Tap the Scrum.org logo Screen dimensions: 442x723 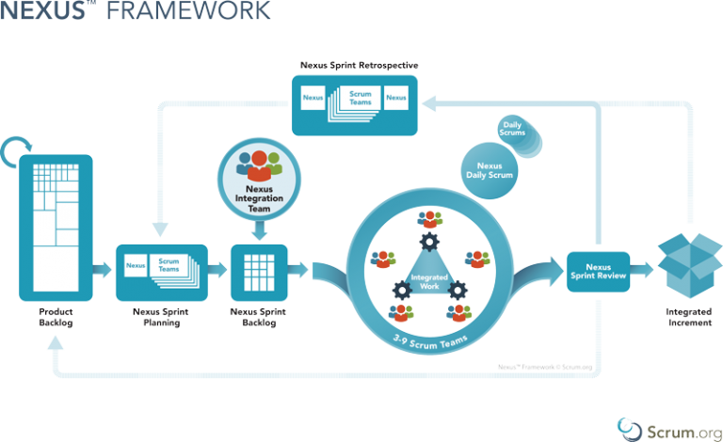pos(663,428)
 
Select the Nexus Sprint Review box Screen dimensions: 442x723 pos(599,272)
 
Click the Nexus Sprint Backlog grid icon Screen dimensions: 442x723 pos(257,270)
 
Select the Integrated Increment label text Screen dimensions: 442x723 pos(686,318)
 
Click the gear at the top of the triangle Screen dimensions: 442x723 pos(429,241)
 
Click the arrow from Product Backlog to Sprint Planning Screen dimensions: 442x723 pos(104,271)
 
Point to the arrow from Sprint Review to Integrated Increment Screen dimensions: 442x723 pos(643,271)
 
